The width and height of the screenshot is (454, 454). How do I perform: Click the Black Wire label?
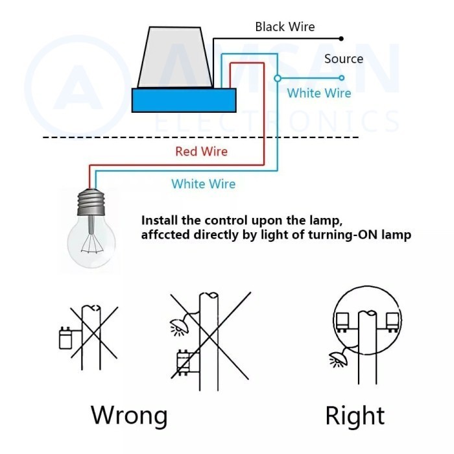[285, 27]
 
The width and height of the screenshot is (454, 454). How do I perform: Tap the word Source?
[344, 58]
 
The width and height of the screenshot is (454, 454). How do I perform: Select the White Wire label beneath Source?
[319, 93]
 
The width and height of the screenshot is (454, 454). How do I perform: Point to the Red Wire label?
[201, 151]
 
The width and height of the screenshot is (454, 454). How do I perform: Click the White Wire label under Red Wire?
[203, 184]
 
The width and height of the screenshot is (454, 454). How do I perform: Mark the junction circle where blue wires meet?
[278, 78]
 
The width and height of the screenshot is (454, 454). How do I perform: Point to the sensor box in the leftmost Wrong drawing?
[64, 338]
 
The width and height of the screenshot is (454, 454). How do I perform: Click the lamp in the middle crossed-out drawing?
[177, 325]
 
